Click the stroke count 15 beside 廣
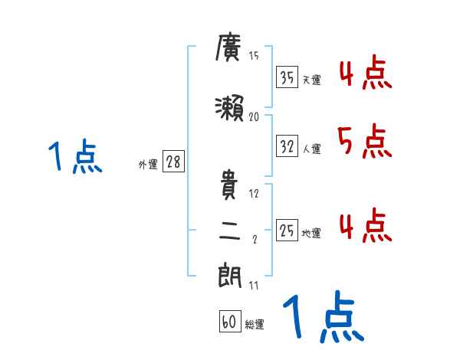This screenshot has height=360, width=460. pyautogui.click(x=254, y=57)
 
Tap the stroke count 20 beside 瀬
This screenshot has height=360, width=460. pyautogui.click(x=255, y=117)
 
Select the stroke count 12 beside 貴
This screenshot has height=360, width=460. pyautogui.click(x=254, y=194)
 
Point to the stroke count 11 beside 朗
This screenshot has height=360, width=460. pyautogui.click(x=254, y=286)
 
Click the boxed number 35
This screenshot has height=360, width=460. pyautogui.click(x=287, y=77)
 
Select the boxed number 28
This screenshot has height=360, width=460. pyautogui.click(x=173, y=162)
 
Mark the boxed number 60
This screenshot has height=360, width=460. pyautogui.click(x=229, y=322)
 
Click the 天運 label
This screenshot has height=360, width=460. pyautogui.click(x=312, y=80)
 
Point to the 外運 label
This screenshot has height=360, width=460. pyautogui.click(x=147, y=164)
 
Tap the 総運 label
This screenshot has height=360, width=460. pyautogui.click(x=255, y=325)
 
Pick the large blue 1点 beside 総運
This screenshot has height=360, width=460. pyautogui.click(x=322, y=316)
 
